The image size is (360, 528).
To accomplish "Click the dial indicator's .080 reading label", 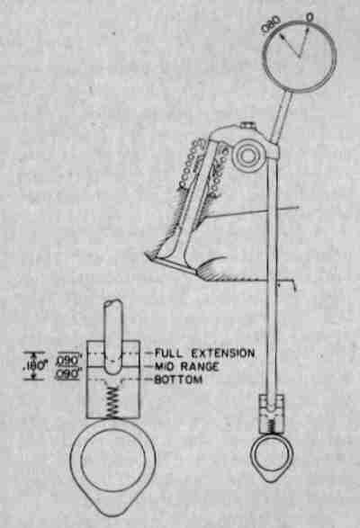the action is point(271,24).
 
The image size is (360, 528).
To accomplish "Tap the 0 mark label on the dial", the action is point(310,17).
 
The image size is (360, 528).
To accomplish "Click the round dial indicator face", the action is point(299,56).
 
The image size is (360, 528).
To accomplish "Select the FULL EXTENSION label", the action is point(204,353).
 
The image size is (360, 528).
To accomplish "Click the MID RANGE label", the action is point(186,366).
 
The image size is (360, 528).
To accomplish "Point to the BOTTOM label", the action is point(178,380).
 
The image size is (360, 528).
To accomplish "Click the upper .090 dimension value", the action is point(69,361).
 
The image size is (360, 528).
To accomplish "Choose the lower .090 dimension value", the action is point(68,374).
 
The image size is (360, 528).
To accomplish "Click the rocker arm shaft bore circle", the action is point(247,157).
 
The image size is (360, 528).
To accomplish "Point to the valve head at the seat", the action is point(172,262).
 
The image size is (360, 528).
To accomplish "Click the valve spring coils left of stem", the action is point(189,163).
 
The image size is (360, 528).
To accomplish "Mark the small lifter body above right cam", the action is point(272,415).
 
